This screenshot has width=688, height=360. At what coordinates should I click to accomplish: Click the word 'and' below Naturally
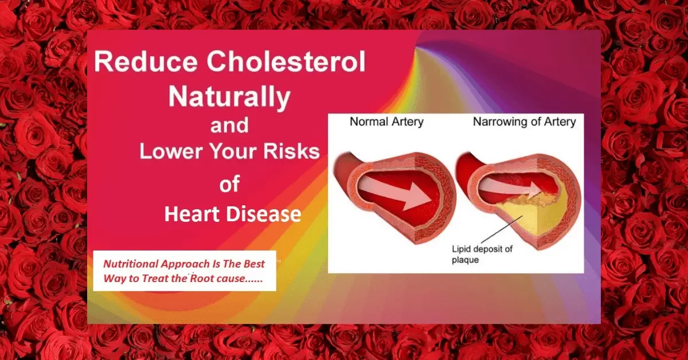click(229, 125)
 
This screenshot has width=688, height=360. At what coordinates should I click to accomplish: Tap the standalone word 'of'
click(229, 185)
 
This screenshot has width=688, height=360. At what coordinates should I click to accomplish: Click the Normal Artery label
click(388, 122)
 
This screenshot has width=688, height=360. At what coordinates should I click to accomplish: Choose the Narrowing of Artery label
click(524, 122)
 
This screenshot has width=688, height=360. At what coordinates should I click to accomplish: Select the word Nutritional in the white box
click(131, 264)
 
